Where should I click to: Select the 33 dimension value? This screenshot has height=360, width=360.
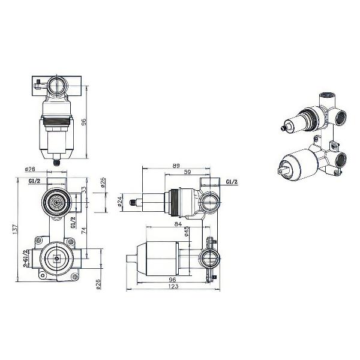click(x=84, y=190)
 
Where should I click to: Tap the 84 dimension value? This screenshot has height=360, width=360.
click(x=178, y=224)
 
